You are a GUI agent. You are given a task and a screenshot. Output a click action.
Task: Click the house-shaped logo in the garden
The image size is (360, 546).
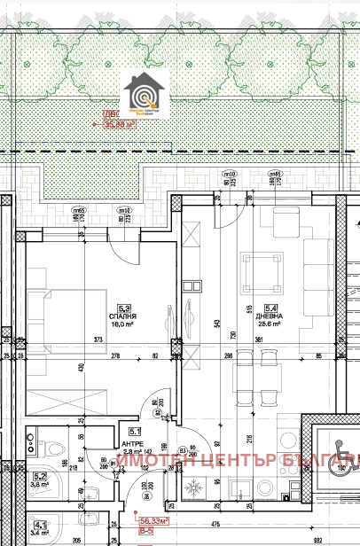click(x=143, y=95)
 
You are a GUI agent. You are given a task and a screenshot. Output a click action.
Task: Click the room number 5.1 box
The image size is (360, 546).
click(x=109, y=432)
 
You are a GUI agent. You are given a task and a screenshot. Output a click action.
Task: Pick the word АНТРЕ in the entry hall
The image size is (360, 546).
click(x=108, y=442)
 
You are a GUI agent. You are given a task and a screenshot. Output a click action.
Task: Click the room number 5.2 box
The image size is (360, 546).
click(x=39, y=476)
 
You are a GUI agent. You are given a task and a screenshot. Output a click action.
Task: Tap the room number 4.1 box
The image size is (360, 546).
click(x=39, y=523)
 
